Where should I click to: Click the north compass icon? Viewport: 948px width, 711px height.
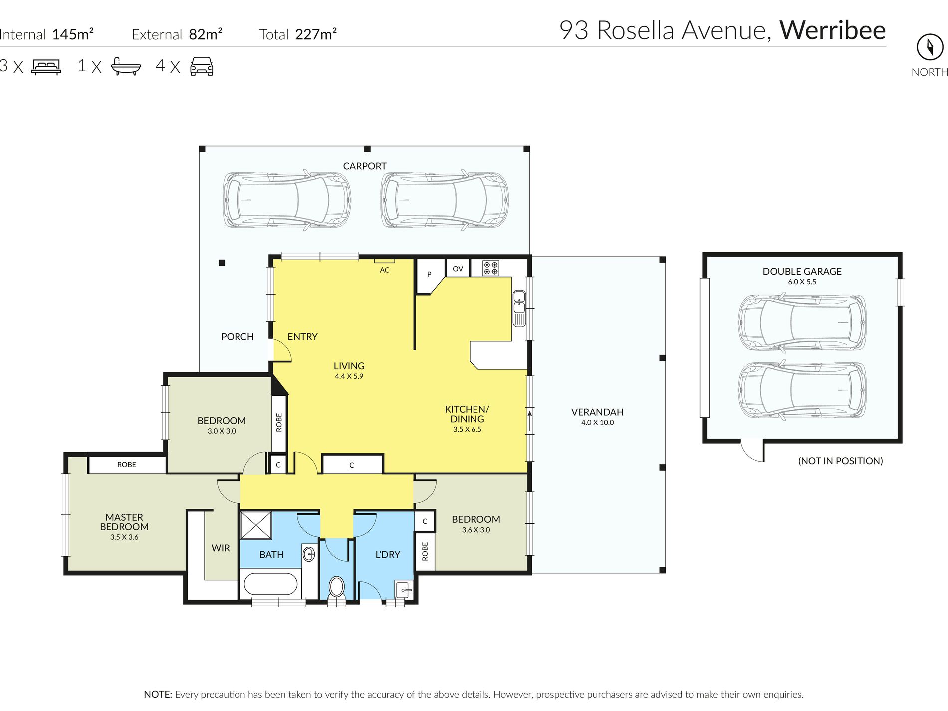[x=930, y=47]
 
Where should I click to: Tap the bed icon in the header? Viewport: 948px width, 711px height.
[x=46, y=67]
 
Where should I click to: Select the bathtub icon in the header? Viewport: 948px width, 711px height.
[x=126, y=66]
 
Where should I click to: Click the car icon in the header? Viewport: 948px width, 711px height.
[x=202, y=66]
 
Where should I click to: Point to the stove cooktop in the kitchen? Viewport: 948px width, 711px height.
[x=490, y=268]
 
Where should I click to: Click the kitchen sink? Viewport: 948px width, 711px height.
[x=519, y=308]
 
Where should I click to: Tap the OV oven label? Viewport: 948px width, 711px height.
[x=458, y=269]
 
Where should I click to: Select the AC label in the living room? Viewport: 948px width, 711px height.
[x=384, y=270]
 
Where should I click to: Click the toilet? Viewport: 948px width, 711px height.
[x=337, y=588]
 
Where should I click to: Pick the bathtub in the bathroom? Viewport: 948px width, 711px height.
[x=270, y=584]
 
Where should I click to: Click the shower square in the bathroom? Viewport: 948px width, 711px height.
[x=256, y=525]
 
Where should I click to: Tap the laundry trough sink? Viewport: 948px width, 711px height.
[x=404, y=589]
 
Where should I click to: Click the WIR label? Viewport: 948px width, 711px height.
[x=221, y=548]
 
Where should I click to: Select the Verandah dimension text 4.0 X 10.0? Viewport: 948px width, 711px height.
[x=597, y=422]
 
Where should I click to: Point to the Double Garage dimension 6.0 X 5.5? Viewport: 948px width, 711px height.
[x=802, y=282]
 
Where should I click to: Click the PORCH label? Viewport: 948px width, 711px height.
[x=237, y=337]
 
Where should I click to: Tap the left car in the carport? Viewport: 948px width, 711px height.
[x=286, y=201]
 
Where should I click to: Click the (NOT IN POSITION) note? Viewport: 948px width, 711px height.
[x=840, y=461]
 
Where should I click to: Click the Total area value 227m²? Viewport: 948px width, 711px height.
[x=316, y=34]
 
